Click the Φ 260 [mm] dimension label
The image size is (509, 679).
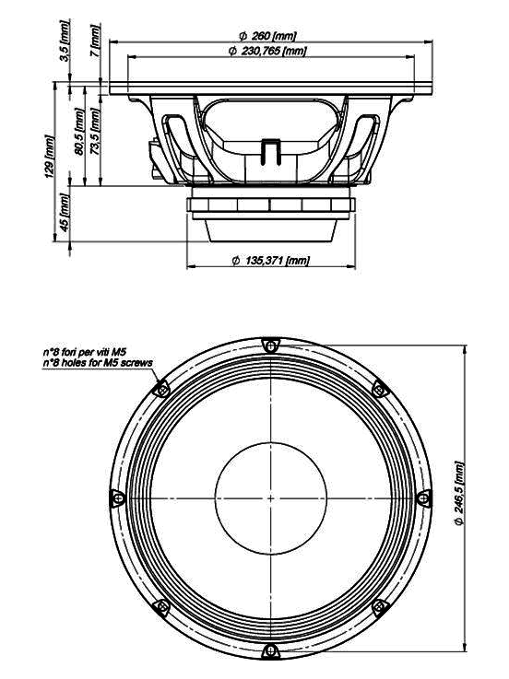click(267, 35)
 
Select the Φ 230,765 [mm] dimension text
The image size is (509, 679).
click(267, 51)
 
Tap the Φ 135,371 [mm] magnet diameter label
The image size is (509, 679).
click(271, 261)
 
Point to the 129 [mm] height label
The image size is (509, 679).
click(51, 157)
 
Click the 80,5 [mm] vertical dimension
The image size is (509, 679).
click(79, 132)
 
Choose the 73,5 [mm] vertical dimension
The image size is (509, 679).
click(95, 132)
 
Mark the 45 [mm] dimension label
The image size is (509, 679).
click(65, 212)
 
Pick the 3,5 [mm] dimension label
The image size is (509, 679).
click(65, 41)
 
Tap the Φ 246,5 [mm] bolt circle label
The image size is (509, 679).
click(459, 494)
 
